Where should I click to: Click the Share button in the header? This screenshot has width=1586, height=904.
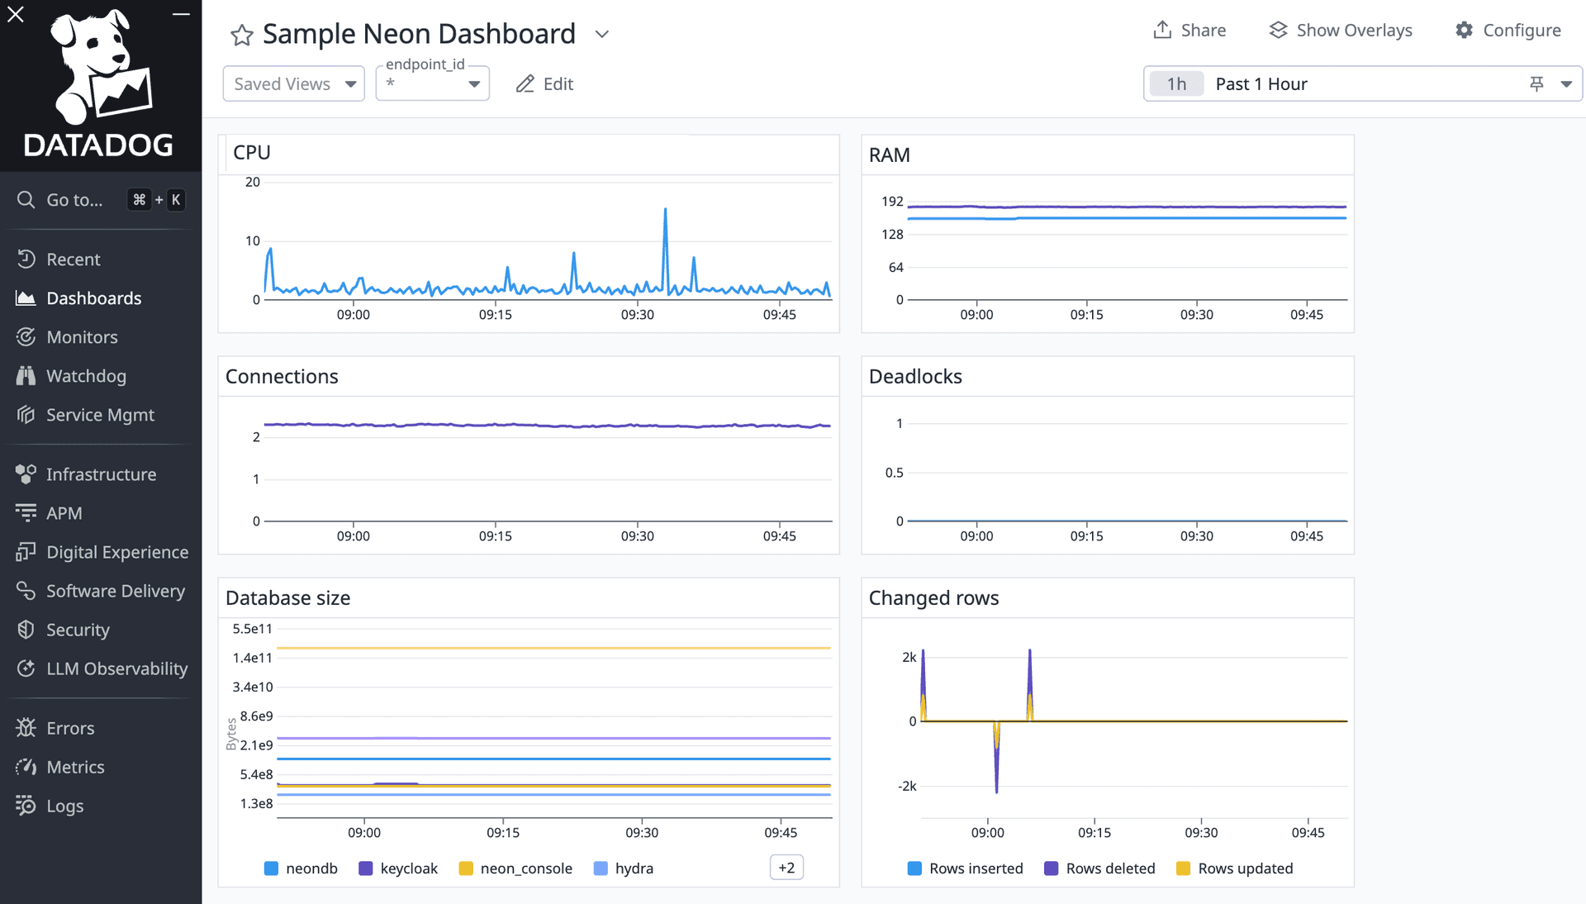click(x=1189, y=31)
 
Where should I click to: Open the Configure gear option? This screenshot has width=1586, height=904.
click(x=1508, y=31)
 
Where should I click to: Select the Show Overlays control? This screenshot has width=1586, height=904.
click(x=1340, y=31)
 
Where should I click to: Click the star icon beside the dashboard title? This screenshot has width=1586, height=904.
click(x=241, y=35)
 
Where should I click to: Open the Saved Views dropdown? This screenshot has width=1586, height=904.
click(x=293, y=83)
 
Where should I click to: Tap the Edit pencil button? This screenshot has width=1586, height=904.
click(x=544, y=83)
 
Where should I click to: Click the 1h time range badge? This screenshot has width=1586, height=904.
click(x=1176, y=83)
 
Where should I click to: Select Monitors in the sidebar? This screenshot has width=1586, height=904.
click(x=82, y=337)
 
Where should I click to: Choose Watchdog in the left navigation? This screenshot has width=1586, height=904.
click(x=86, y=376)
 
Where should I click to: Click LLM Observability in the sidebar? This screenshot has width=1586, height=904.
click(x=116, y=668)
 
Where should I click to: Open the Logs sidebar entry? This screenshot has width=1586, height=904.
click(x=64, y=806)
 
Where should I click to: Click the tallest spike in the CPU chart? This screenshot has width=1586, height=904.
click(x=665, y=212)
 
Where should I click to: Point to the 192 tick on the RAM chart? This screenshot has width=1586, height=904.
click(x=892, y=202)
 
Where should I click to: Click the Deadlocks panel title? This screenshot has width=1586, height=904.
click(x=915, y=377)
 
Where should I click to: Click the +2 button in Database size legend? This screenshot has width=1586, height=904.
click(x=786, y=868)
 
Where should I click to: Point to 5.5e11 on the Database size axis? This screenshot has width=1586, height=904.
click(x=252, y=629)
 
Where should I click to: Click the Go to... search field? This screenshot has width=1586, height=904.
click(x=74, y=200)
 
